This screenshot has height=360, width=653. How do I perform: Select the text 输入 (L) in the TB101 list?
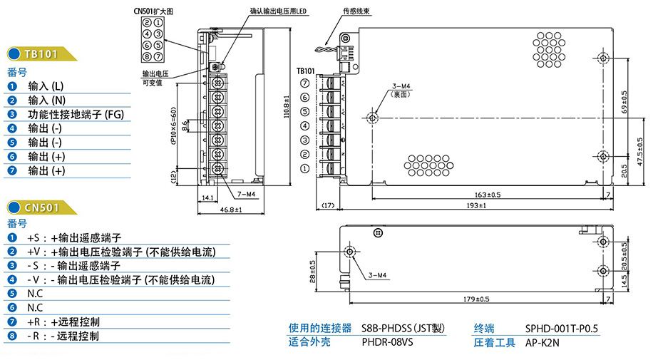click(x=46, y=86)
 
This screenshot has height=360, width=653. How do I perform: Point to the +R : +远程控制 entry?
click(x=64, y=322)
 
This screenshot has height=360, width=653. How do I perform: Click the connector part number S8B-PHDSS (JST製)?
click(x=403, y=328)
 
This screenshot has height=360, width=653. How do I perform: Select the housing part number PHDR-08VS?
click(x=387, y=341)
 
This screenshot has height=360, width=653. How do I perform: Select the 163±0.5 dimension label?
click(x=487, y=194)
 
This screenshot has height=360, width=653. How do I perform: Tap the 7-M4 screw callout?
click(x=246, y=194)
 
